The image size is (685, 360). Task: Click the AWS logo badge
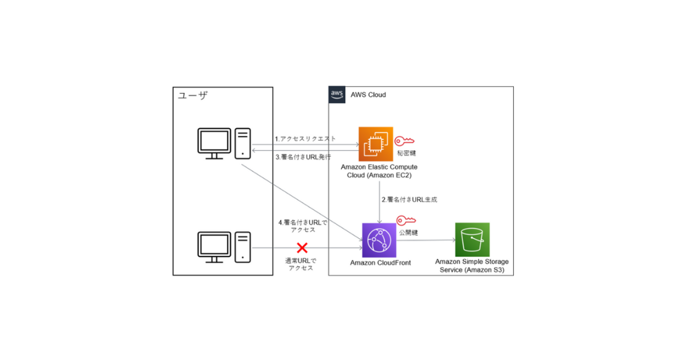click(337, 94)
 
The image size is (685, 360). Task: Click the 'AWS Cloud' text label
click(368, 95)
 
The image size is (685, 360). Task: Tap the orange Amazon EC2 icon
click(375, 143)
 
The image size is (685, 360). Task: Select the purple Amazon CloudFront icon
click(378, 239)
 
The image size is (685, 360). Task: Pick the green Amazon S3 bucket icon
click(472, 239)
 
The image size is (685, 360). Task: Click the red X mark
click(302, 248)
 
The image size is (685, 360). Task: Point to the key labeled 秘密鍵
click(405, 141)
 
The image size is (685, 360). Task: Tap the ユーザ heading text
click(192, 95)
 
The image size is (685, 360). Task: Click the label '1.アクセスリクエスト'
click(305, 139)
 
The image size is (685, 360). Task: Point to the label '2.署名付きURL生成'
click(409, 200)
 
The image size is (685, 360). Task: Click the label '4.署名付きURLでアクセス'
click(302, 226)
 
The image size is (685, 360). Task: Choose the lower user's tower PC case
click(242, 247)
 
